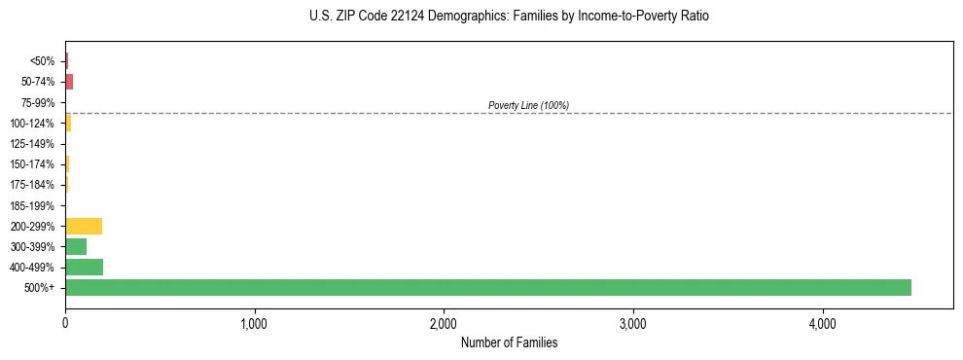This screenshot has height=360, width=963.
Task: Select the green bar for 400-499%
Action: [x=84, y=267]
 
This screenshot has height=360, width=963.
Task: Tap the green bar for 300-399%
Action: [x=76, y=246]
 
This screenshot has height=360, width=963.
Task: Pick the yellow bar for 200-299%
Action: [x=84, y=226]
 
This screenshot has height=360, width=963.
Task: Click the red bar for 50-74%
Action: [x=69, y=82]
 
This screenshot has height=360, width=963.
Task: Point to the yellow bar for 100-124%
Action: [x=68, y=123]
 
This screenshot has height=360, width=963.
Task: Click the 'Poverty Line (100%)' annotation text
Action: [x=528, y=105]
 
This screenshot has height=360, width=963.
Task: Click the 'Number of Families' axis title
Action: [x=509, y=342]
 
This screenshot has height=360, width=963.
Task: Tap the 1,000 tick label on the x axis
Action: [x=254, y=323]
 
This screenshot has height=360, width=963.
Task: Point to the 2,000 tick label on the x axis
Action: [x=444, y=323]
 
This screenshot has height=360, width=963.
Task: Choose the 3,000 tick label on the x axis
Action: [x=632, y=323]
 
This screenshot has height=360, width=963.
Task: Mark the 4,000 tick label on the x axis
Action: [x=822, y=323]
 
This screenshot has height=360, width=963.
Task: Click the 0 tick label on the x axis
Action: [x=65, y=323]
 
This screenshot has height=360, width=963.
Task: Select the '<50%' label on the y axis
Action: [x=43, y=61]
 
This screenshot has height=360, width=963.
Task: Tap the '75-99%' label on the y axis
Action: [x=39, y=102]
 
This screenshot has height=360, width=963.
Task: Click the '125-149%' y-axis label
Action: [x=33, y=144]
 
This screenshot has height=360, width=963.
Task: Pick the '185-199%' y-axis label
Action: [x=33, y=205]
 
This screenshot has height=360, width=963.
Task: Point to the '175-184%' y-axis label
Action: [x=33, y=185]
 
